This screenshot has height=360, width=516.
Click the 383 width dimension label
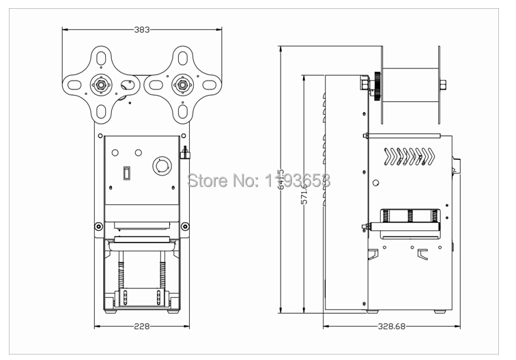click(x=142, y=29)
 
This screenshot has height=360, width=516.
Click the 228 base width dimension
click(x=142, y=326)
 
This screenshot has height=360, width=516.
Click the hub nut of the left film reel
click(x=101, y=85)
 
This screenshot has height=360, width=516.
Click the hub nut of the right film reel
click(x=182, y=85)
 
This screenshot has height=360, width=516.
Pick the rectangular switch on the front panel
click(x=126, y=174)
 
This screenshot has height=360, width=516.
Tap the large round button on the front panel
click(x=161, y=165)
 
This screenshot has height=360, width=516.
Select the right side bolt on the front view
click(x=186, y=226)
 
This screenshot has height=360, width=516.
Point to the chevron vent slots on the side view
click(x=410, y=156)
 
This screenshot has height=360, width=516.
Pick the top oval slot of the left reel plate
click(x=101, y=57)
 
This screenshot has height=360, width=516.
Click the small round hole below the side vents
click(x=376, y=182)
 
